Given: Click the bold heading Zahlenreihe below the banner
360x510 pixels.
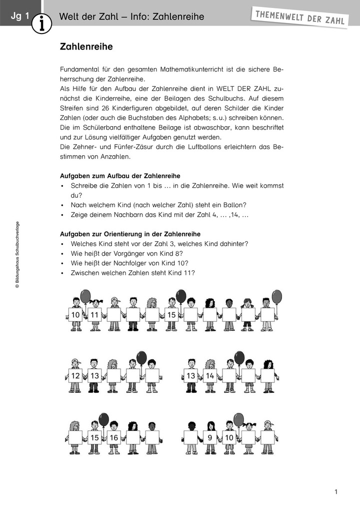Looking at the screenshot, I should click(x=86, y=47).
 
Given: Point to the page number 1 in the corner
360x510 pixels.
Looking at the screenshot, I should click(x=336, y=492).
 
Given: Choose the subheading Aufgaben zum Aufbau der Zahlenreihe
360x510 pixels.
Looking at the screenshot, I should click(x=120, y=176).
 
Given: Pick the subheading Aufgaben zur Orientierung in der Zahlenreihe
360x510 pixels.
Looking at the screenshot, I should click(x=130, y=234).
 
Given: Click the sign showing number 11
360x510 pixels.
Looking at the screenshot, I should click(x=94, y=315).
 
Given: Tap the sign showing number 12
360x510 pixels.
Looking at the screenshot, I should click(x=75, y=375).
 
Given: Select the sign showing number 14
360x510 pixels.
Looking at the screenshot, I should click(x=210, y=375).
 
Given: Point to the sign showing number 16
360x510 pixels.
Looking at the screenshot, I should click(x=114, y=437).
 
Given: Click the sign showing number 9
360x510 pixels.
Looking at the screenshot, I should click(x=210, y=437).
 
